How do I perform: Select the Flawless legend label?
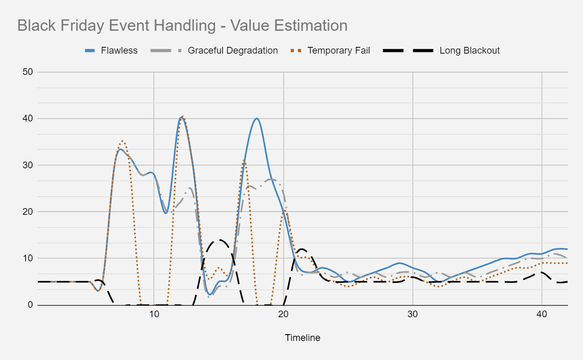pyautogui.click(x=119, y=50)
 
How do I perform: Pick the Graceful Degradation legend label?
pyautogui.click(x=233, y=50)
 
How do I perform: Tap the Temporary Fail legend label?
pyautogui.click(x=339, y=50)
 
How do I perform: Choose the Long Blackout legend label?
pyautogui.click(x=469, y=50)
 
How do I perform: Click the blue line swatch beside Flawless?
pyautogui.click(x=90, y=50)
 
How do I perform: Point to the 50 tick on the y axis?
pyautogui.click(x=28, y=72)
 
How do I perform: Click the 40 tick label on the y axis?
pyautogui.click(x=28, y=119)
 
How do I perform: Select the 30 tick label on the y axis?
pyautogui.click(x=28, y=165)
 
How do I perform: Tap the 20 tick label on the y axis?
pyautogui.click(x=28, y=212)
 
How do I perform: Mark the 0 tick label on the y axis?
pyautogui.click(x=30, y=305)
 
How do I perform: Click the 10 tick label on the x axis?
pyautogui.click(x=154, y=314)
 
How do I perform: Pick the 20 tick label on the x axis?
pyautogui.click(x=284, y=314)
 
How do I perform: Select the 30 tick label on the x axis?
pyautogui.click(x=413, y=314)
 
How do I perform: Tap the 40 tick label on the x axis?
pyautogui.click(x=542, y=314)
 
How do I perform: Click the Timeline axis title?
pyautogui.click(x=302, y=338)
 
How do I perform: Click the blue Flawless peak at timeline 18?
pyautogui.click(x=257, y=119)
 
